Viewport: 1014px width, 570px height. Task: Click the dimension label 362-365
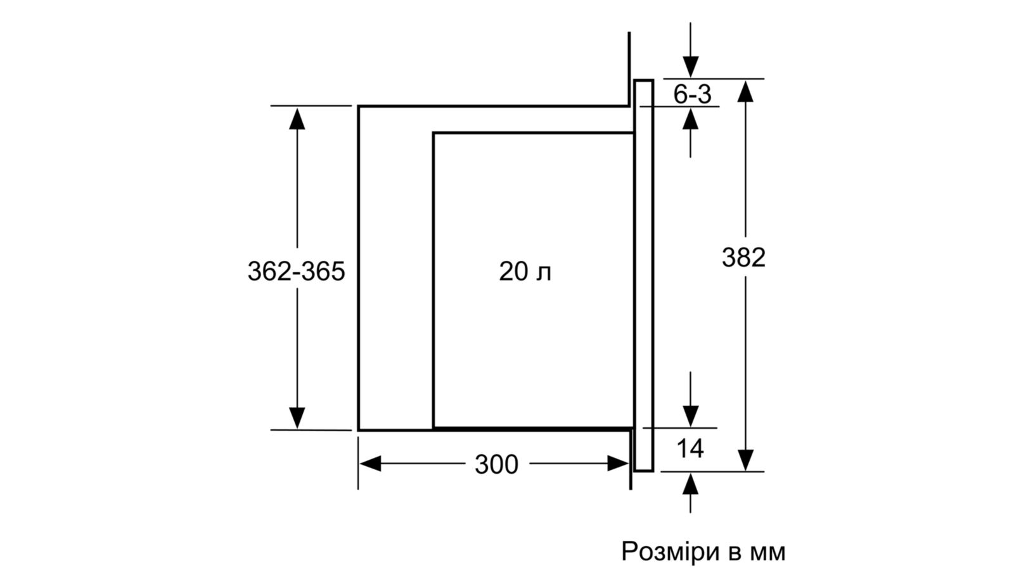pos(297,272)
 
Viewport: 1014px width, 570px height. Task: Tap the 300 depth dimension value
pos(496,464)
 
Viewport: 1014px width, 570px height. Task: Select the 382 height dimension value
pos(743,257)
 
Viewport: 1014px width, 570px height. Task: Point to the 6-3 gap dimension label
pos(692,94)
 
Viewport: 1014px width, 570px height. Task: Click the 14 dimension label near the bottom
pos(690,449)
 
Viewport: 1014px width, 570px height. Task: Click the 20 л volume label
pos(525,272)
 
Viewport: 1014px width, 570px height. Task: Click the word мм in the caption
pos(767,552)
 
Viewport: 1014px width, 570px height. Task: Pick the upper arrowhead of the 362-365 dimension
pos(297,118)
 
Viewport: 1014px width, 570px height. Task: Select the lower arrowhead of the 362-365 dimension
pos(297,417)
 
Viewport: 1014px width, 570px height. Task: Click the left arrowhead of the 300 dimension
pos(370,464)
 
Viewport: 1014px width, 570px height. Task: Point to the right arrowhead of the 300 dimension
pos(619,464)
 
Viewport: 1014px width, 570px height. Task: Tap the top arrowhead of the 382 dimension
pos(745,91)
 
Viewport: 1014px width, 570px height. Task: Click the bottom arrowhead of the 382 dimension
pos(745,460)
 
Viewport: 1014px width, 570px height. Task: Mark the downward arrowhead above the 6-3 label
pos(690,67)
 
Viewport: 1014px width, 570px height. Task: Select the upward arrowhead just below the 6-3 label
pos(690,118)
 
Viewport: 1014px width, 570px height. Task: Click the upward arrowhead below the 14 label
pos(690,484)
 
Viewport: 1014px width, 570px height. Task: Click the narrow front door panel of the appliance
pos(643,275)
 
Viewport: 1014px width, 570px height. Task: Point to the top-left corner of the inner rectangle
pos(433,133)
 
